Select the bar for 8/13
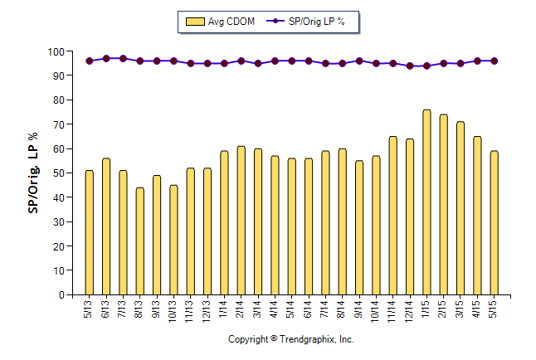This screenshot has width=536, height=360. point(140,241)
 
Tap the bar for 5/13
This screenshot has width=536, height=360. point(90,232)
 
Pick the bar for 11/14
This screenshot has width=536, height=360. point(392,216)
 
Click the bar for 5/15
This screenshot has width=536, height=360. point(494,223)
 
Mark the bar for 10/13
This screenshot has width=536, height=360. point(173,240)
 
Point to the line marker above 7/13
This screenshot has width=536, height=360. point(123,59)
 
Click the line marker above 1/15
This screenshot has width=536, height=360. point(426,66)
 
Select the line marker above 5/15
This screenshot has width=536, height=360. point(494,61)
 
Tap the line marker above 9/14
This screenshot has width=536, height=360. point(358,61)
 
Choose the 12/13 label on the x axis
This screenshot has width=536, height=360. point(207,309)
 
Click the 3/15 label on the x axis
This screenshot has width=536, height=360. point(460,309)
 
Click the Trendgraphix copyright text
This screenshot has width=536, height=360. point(290,340)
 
